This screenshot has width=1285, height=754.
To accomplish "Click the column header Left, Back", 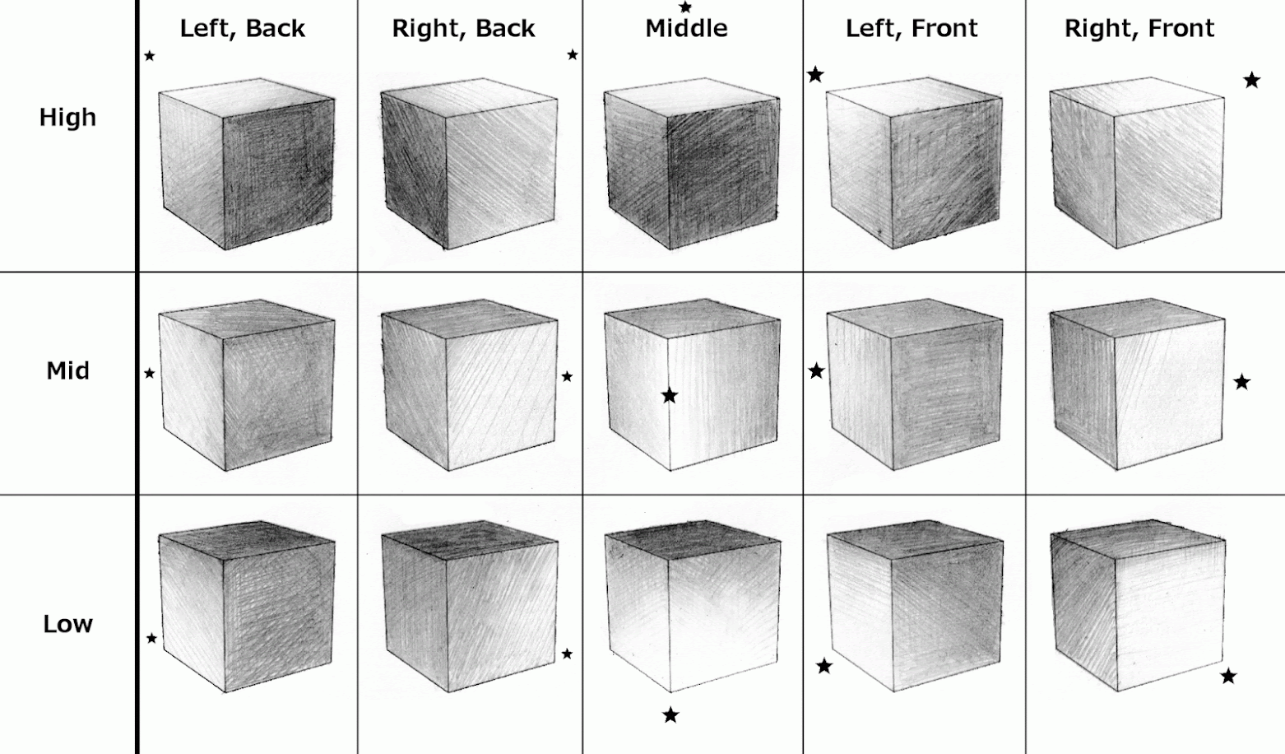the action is (243, 29).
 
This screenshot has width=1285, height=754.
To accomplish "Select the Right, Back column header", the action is (463, 29).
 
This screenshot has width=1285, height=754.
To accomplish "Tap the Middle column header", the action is (686, 28).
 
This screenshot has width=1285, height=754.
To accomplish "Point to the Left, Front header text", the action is (912, 29).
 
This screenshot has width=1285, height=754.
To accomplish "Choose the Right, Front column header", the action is (1139, 29).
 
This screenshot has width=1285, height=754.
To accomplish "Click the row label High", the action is (67, 118).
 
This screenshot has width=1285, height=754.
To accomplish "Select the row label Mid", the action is (67, 371).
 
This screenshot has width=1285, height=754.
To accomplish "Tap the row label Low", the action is (67, 624).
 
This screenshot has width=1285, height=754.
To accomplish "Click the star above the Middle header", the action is (685, 7).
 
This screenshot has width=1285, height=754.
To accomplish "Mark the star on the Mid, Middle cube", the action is (670, 395).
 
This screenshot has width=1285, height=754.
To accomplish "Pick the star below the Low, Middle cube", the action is (670, 715).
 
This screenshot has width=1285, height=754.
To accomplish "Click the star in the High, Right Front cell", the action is (1252, 81).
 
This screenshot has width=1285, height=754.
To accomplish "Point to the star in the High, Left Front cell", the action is (815, 75).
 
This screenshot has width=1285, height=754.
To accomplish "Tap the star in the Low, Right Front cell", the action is (1228, 676).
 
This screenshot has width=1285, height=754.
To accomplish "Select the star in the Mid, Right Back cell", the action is (567, 376).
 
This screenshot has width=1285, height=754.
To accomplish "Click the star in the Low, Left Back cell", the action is (151, 638).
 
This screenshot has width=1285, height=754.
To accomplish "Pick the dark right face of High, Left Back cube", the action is (278, 174).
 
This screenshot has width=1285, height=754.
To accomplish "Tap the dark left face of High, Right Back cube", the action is (414, 170).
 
